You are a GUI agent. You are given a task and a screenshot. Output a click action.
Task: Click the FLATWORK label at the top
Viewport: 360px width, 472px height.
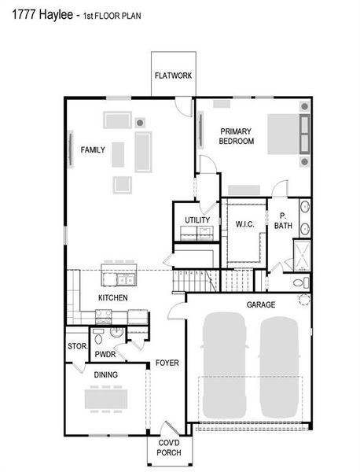[x=173, y=76]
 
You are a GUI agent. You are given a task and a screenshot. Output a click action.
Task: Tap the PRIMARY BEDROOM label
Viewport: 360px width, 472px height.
[x=237, y=136]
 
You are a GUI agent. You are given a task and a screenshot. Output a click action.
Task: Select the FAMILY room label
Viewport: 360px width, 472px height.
[x=93, y=149]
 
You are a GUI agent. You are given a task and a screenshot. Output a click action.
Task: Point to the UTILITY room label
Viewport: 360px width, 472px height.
[x=197, y=219]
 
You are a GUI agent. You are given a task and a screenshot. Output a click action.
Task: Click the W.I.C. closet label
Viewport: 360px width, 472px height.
[x=244, y=224]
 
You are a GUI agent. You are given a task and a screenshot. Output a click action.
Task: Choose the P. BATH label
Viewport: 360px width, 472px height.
[x=283, y=222]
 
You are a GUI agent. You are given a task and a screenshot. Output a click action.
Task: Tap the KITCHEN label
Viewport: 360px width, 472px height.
[x=112, y=298]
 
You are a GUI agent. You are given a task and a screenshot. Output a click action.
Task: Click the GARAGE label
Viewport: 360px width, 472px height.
[x=259, y=303]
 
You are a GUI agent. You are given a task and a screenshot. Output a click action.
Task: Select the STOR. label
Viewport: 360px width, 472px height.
[x=76, y=346]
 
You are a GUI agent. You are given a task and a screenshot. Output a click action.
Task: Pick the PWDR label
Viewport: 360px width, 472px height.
[x=105, y=355]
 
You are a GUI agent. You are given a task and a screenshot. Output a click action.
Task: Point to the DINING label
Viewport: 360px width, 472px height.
[x=105, y=375]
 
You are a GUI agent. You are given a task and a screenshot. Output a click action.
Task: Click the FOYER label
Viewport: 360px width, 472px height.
[x=167, y=363]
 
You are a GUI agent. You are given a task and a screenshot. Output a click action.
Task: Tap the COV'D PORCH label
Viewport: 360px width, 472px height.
[x=169, y=448]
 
